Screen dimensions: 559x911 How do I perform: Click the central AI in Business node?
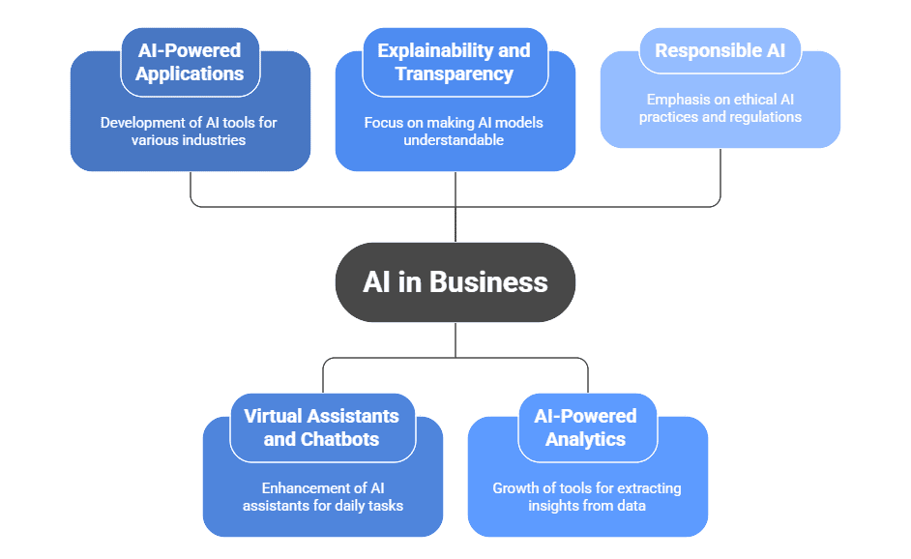[455, 281]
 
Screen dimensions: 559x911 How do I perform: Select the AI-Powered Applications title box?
[190, 62]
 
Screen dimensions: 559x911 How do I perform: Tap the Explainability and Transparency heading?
[455, 62]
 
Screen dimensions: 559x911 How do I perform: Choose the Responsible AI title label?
[720, 51]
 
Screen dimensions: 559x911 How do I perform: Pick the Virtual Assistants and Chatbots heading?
[322, 427]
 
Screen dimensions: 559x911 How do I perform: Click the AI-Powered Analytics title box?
[586, 427]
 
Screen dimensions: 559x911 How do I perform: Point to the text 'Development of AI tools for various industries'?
[190, 132]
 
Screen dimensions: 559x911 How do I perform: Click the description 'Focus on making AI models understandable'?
[455, 132]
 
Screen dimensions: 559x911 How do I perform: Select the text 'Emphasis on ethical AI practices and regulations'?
[720, 108]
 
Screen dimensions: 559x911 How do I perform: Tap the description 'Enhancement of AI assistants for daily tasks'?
[322, 497]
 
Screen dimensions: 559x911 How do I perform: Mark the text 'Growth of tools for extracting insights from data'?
[586, 497]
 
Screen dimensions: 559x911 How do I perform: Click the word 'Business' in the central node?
[488, 281]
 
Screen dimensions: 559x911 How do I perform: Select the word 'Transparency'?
[455, 74]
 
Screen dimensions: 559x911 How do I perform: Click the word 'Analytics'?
[586, 439]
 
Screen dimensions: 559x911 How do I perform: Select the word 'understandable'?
[455, 140]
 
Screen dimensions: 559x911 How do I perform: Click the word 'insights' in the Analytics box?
[553, 506]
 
